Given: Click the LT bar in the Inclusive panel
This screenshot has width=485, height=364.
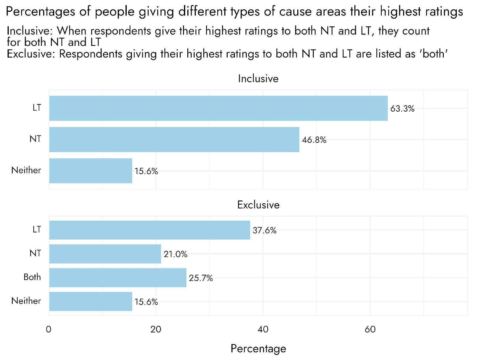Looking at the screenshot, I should pyautogui.click(x=218, y=108).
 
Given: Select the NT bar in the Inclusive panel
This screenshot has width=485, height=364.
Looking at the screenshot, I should pyautogui.click(x=174, y=140).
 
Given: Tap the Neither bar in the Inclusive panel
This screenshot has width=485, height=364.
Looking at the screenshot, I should pyautogui.click(x=90, y=171).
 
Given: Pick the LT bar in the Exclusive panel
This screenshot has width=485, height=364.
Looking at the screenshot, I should pyautogui.click(x=149, y=230).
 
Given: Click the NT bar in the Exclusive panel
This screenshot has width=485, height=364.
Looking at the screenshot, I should pyautogui.click(x=105, y=254).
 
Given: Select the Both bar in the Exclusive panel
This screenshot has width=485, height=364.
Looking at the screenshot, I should pyautogui.click(x=118, y=278).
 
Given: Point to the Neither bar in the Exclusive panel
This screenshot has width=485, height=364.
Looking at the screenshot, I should pyautogui.click(x=90, y=302).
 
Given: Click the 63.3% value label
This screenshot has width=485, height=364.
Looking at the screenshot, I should pyautogui.click(x=402, y=109).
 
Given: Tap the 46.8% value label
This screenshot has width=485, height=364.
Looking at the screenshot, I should pyautogui.click(x=314, y=140).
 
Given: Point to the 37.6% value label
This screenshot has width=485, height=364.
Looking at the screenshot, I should pyautogui.click(x=265, y=231).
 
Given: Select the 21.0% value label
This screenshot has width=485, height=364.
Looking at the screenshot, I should pyautogui.click(x=176, y=254).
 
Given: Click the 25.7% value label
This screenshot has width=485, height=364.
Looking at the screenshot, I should pyautogui.click(x=201, y=278).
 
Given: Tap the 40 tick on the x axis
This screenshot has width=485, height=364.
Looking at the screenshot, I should pyautogui.click(x=263, y=329).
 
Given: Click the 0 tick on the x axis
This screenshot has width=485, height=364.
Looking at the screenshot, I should pyautogui.click(x=49, y=329).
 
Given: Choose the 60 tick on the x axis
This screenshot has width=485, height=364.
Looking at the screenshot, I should pyautogui.click(x=370, y=329).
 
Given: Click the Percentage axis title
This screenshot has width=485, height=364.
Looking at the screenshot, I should pyautogui.click(x=258, y=349).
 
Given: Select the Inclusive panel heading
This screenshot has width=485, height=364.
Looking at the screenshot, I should pyautogui.click(x=258, y=79).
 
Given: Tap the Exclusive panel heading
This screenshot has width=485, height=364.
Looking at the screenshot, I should pyautogui.click(x=258, y=205).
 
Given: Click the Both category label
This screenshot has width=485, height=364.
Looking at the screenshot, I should pyautogui.click(x=32, y=277).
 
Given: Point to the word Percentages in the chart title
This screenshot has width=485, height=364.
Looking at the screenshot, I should pyautogui.click(x=41, y=12).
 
